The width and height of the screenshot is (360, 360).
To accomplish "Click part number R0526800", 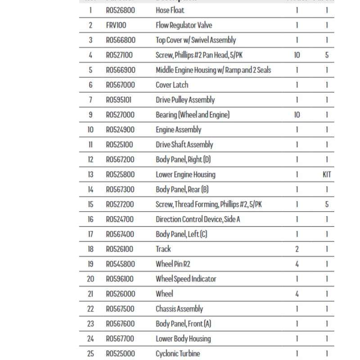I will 120,10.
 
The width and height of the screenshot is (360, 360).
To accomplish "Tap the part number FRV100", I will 116,25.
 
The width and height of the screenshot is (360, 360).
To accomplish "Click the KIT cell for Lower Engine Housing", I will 327,174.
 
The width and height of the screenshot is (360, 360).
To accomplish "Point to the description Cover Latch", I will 172,85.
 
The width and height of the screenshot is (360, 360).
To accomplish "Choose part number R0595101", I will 119,100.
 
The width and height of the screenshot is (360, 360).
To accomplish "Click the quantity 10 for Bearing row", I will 297,115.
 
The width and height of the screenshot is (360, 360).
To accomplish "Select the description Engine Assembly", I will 178,130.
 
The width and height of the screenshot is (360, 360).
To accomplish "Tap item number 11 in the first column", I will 90,144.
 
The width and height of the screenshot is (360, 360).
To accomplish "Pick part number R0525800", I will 120,174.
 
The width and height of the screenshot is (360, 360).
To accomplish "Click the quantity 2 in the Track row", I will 297,249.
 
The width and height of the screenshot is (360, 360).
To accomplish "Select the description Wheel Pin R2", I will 173,264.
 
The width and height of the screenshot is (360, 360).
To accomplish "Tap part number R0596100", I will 120,279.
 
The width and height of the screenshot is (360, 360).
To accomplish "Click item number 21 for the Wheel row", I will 90,294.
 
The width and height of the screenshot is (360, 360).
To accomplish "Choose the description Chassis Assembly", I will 179,309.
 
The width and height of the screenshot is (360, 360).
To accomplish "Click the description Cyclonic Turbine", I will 178,354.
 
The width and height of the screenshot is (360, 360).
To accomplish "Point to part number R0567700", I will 120,338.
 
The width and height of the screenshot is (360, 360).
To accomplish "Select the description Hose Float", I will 170,10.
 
